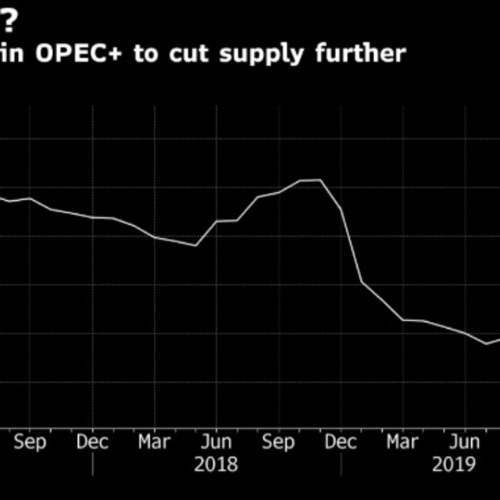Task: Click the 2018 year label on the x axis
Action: (x=216, y=464)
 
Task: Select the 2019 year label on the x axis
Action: (x=455, y=464)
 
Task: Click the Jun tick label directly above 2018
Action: (x=216, y=441)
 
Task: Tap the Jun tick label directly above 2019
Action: (x=465, y=441)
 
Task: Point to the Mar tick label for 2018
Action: (x=154, y=441)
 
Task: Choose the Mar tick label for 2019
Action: (x=403, y=441)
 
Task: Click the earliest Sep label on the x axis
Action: (x=30, y=441)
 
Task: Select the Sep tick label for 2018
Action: (x=278, y=441)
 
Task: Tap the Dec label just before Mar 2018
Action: (x=92, y=441)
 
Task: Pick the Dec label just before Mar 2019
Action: (x=341, y=441)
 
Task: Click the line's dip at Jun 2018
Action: (x=195, y=245)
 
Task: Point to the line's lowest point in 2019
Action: (x=486, y=344)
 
